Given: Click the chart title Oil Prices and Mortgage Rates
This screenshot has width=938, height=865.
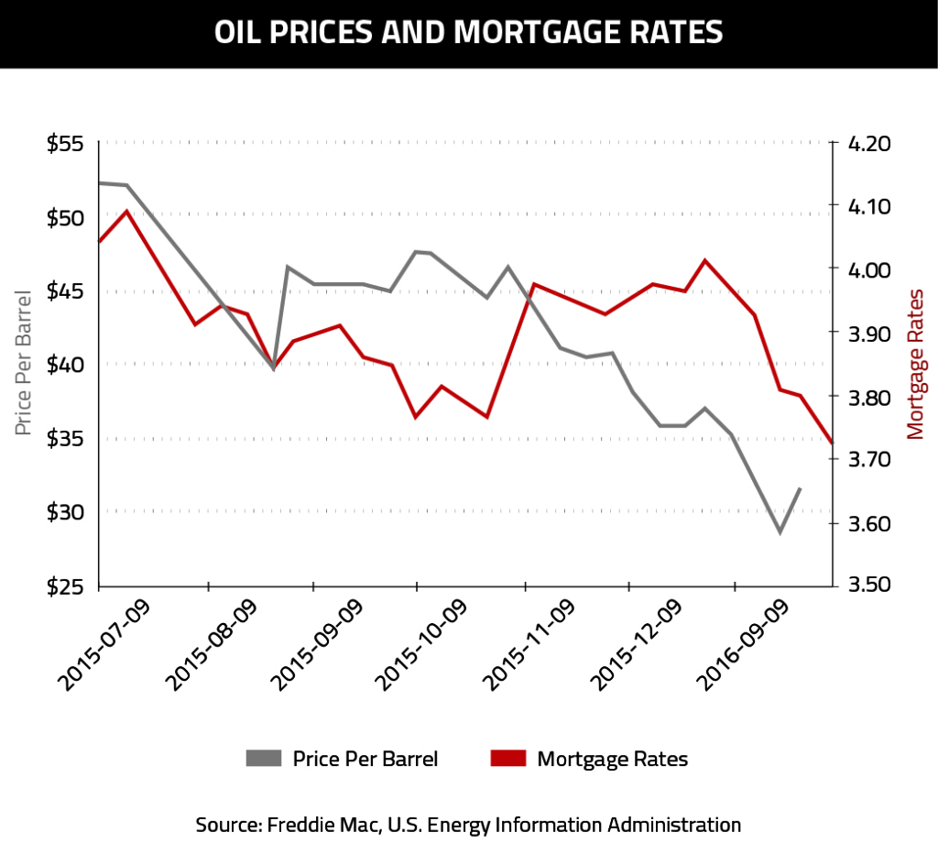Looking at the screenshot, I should pyautogui.click(x=468, y=33).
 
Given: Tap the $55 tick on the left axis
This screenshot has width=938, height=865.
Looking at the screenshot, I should pyautogui.click(x=65, y=145).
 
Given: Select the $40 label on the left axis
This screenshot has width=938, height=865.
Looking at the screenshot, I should pyautogui.click(x=65, y=365).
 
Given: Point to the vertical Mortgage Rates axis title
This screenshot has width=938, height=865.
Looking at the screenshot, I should pyautogui.click(x=915, y=364).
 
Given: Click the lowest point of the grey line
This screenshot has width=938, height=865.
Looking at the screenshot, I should pyautogui.click(x=780, y=532).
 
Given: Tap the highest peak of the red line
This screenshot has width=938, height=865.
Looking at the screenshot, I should pyautogui.click(x=126, y=212).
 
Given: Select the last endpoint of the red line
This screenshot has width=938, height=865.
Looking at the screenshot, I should pyautogui.click(x=832, y=443).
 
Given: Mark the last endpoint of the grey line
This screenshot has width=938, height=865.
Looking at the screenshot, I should pyautogui.click(x=801, y=488).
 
